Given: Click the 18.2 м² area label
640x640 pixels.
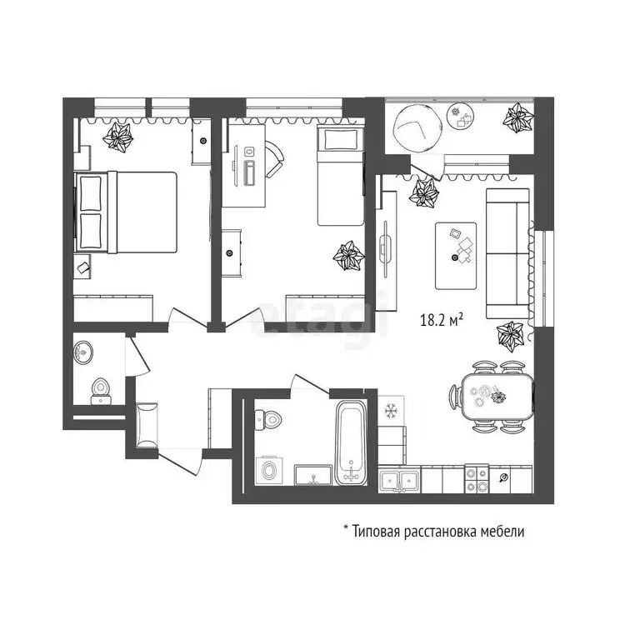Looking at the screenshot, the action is click(x=441, y=320).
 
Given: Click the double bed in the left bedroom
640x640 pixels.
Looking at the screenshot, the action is click(x=126, y=212).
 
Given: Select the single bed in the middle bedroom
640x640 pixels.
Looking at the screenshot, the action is click(x=340, y=176).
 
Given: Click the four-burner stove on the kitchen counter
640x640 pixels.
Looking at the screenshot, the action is click(x=477, y=479).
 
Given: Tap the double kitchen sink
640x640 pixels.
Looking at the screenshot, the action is click(x=399, y=481).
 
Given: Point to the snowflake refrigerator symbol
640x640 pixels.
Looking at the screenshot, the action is click(x=391, y=410).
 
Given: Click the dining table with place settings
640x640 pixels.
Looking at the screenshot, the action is click(x=497, y=397).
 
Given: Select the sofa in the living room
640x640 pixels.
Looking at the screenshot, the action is click(x=507, y=253).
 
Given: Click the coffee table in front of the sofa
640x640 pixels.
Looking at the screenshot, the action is click(x=456, y=256).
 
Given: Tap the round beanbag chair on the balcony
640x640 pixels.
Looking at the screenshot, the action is click(x=417, y=127).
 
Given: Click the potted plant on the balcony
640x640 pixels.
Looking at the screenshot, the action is click(x=518, y=117).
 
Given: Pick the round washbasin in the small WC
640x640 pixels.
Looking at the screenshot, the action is click(x=83, y=352).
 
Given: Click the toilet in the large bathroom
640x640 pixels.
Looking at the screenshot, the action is click(x=267, y=419).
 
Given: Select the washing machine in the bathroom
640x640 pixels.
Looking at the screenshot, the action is click(x=268, y=470).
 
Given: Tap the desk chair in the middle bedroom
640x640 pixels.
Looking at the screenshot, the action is click(x=275, y=159).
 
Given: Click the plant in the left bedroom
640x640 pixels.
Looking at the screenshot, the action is click(x=118, y=137).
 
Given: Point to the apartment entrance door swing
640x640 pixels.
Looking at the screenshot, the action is click(x=180, y=461).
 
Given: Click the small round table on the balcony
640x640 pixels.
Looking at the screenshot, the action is click(x=461, y=115).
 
